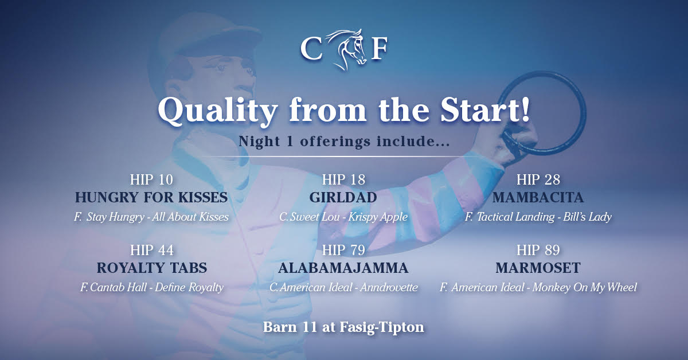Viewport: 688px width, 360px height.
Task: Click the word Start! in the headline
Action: click(485, 110)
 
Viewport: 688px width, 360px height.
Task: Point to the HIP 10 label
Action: click(151, 179)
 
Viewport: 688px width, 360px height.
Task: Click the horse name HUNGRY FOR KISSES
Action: click(151, 197)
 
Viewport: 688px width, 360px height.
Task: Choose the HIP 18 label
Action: click(343, 179)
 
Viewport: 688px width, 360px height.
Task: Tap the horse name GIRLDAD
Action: click(343, 197)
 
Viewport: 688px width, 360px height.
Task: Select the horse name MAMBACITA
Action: click(538, 197)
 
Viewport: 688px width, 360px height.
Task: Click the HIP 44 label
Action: click(152, 250)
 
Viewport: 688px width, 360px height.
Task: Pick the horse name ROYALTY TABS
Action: click(152, 268)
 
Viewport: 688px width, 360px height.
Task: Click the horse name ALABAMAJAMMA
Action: click(343, 268)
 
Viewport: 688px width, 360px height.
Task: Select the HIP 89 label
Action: click(538, 250)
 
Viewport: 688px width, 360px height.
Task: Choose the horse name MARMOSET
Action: click(538, 268)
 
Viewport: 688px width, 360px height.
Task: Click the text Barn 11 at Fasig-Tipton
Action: click(343, 327)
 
